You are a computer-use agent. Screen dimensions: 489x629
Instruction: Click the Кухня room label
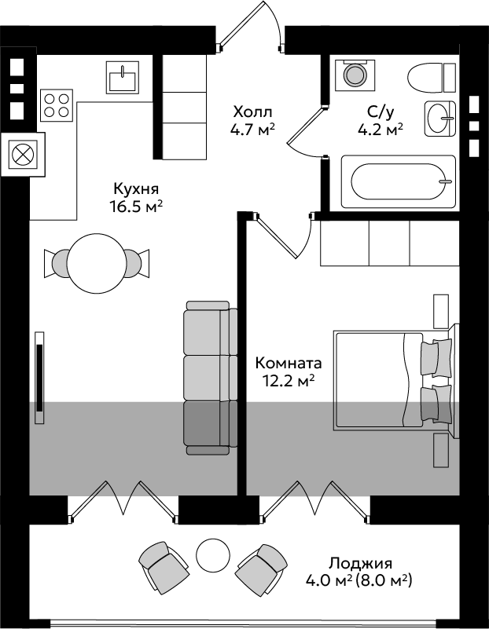pyautogui.click(x=136, y=188)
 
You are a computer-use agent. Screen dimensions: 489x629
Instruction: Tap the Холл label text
pyautogui.click(x=252, y=112)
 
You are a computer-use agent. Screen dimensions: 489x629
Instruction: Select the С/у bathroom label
pyautogui.click(x=380, y=113)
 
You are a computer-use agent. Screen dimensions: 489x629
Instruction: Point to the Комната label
pyautogui.click(x=289, y=363)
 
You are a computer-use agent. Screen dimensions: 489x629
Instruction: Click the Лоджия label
pyautogui.click(x=360, y=564)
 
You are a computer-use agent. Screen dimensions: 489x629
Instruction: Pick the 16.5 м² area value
pyautogui.click(x=136, y=207)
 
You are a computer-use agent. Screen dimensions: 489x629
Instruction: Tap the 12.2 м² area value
pyautogui.click(x=288, y=381)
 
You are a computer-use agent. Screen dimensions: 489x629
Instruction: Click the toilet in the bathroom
pyautogui.click(x=432, y=78)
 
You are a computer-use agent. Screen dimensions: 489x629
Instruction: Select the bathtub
pyautogui.click(x=399, y=181)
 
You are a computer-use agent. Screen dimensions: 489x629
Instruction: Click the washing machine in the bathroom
pyautogui.click(x=355, y=75)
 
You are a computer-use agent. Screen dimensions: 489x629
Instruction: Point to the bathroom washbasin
pyautogui.click(x=440, y=119)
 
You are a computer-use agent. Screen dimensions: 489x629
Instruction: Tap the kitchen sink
pyautogui.click(x=123, y=78)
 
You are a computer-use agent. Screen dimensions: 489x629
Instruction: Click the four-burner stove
pyautogui.click(x=57, y=105)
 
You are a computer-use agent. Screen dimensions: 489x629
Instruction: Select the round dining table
pyautogui.click(x=97, y=263)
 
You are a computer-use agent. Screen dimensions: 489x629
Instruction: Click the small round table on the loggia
pyautogui.click(x=213, y=554)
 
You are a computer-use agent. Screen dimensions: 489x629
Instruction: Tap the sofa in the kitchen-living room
pyautogui.click(x=211, y=378)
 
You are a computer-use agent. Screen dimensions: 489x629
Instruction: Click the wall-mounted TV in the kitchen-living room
pyautogui.click(x=39, y=378)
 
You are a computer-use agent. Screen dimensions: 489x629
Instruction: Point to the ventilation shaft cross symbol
pyautogui.click(x=23, y=155)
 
